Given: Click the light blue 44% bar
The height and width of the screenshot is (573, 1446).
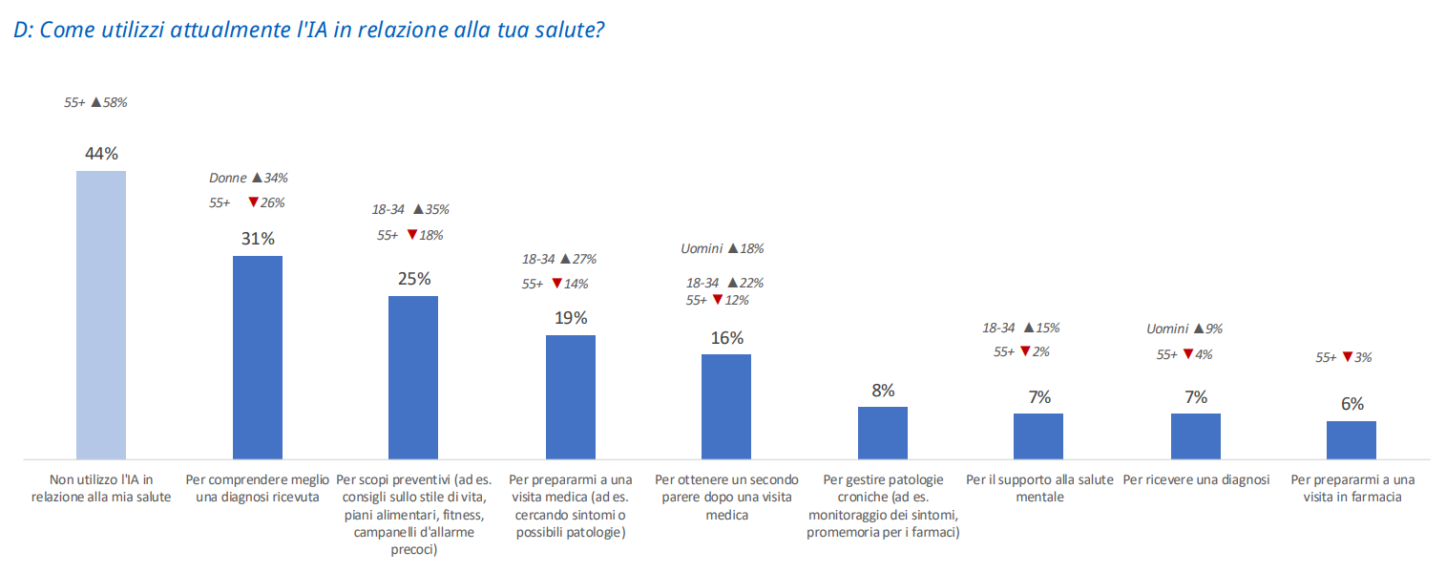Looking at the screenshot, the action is pos(101,315).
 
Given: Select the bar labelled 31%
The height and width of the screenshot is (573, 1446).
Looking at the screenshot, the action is pos(258,358).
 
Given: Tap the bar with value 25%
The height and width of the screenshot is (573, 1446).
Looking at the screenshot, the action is pos(413,378).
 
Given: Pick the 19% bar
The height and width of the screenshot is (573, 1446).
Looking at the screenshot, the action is pos(571,397).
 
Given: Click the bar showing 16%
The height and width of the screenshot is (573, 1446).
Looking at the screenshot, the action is pos(726,407).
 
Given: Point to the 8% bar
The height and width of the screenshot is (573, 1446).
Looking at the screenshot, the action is pos(883,433).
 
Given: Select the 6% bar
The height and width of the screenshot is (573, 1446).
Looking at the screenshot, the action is pos(1352,440).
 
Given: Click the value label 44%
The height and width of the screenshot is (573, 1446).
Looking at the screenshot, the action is pos(101,154).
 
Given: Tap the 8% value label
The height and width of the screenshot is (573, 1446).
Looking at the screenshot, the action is pos(883,391).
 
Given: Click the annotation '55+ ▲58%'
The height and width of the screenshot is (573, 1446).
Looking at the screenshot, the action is pos(95,102).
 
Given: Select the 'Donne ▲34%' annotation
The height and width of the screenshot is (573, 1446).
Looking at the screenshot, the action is pos(248,178).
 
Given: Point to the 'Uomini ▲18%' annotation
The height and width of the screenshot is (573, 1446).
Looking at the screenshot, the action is pos(723,248).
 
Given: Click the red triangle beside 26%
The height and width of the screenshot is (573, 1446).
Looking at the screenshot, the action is pos(254,202).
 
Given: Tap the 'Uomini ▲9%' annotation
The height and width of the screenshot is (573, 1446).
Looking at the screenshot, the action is pos(1184,329).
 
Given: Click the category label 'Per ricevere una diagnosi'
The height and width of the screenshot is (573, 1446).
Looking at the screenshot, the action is pos(1196,480).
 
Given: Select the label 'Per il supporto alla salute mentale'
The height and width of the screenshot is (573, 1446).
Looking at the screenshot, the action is pos(1039,488).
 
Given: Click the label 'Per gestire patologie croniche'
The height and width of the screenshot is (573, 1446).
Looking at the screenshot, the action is pos(883,488).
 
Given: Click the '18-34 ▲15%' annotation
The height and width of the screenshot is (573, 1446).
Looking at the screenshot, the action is pos(1021,328).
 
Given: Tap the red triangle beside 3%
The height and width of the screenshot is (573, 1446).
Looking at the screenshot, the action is pos(1348,356).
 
